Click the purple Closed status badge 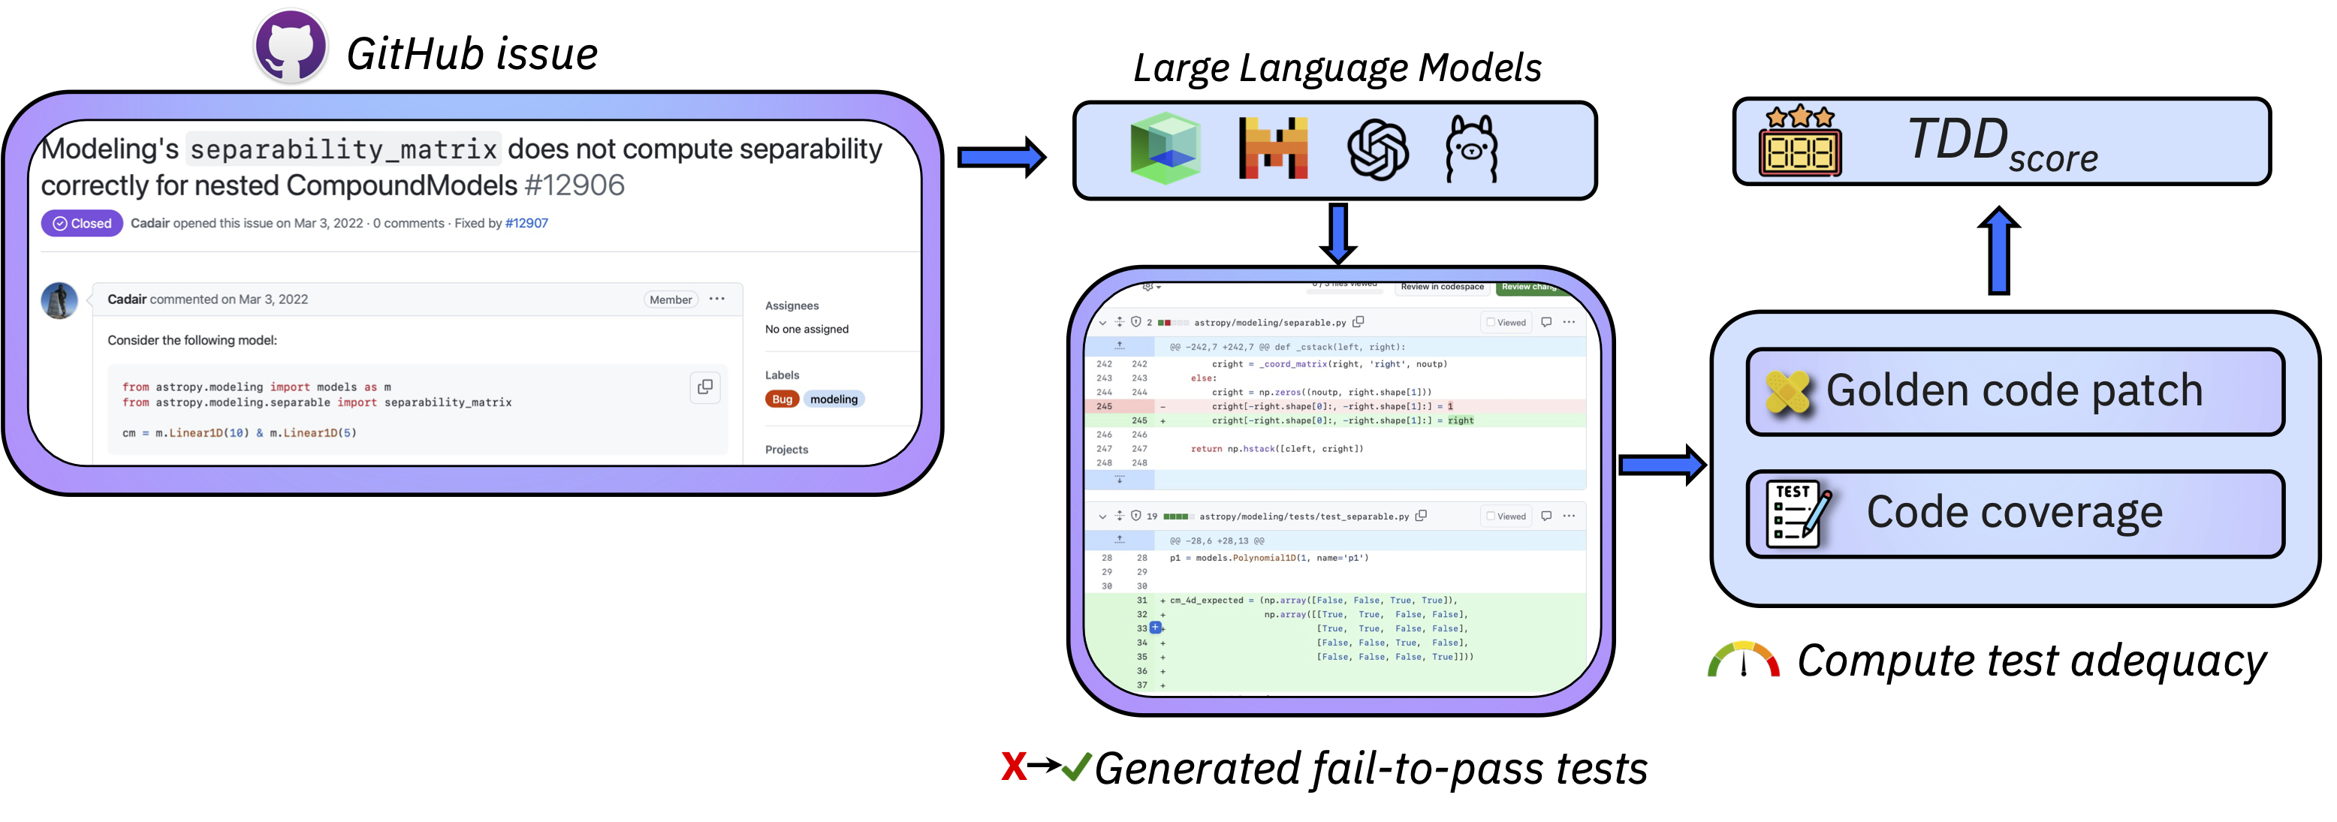82,223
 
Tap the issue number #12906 574,185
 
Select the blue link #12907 526,223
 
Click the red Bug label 782,399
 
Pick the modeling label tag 834,399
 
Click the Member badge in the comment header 671,300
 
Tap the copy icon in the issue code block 705,387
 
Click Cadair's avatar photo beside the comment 60,300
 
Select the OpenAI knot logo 1377,149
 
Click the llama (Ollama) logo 1471,149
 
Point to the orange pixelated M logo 1273,149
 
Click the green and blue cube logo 1165,148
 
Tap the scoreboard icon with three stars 1800,142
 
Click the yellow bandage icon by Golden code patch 1788,392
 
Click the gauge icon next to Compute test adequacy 1743,661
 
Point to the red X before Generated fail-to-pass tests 1013,766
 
